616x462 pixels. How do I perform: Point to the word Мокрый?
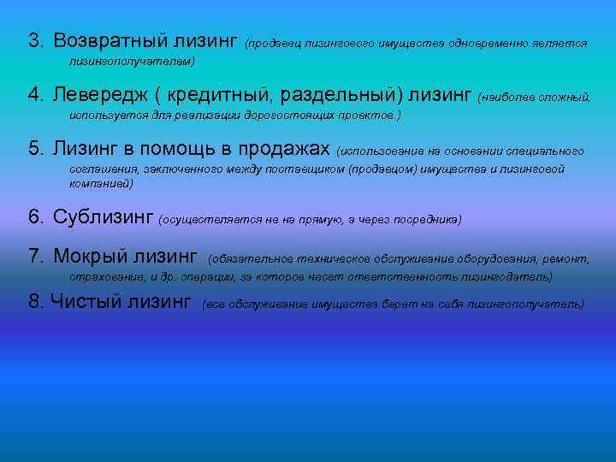(x=89, y=256)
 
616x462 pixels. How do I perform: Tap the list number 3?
(x=34, y=41)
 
